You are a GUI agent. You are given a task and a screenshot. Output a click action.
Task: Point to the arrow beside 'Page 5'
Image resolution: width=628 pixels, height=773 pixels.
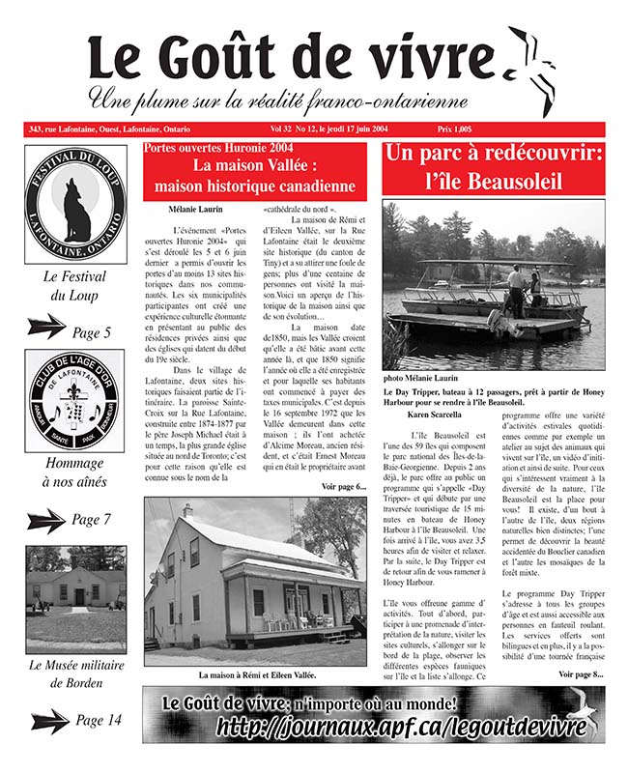(45, 329)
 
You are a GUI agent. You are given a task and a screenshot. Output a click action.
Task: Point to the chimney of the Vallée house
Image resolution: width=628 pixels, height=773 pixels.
(188, 511)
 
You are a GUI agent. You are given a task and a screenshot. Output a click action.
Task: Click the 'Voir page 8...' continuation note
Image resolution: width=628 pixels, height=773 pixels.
(580, 673)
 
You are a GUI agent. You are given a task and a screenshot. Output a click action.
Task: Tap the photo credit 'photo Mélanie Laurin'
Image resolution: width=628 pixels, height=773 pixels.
(421, 379)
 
